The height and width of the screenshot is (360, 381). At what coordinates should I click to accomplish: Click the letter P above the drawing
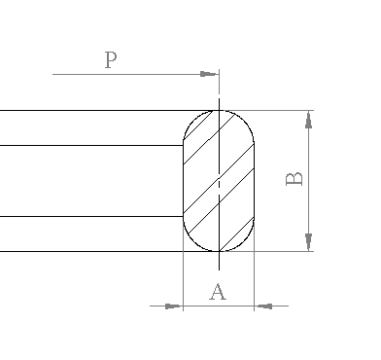coord(111,60)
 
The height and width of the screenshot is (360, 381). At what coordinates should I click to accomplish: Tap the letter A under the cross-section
coord(218,292)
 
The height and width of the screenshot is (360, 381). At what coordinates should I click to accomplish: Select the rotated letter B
coord(294,179)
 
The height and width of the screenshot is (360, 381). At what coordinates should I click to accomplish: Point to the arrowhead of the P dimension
coord(209,74)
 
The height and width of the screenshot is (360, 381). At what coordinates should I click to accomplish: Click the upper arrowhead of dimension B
coord(309,119)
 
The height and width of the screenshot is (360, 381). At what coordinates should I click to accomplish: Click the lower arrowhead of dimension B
coord(309,242)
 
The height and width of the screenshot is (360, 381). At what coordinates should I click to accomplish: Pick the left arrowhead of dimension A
coord(173,306)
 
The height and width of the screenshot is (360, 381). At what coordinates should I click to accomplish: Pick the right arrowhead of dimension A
coord(263,306)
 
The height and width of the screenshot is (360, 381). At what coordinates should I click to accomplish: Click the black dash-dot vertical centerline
coord(219,184)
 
